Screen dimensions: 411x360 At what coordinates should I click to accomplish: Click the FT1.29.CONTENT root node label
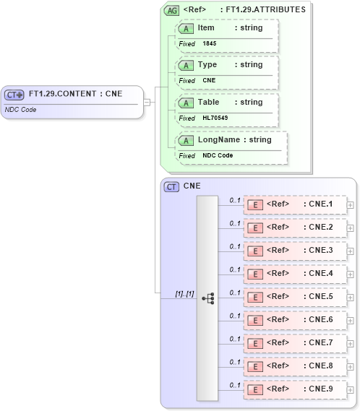click(x=75, y=94)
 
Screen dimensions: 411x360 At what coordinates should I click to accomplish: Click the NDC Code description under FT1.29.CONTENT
click(x=21, y=110)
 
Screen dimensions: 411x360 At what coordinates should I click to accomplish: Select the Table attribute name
click(x=209, y=103)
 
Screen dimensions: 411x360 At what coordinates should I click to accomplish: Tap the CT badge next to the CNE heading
click(x=172, y=186)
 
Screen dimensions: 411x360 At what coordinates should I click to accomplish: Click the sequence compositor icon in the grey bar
click(x=207, y=298)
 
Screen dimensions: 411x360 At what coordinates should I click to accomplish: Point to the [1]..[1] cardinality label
click(x=184, y=293)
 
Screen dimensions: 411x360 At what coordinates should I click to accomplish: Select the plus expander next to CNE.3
click(x=350, y=251)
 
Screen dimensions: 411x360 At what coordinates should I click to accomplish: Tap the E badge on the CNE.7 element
click(x=255, y=343)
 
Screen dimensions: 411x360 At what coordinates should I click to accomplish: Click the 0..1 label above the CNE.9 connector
click(x=234, y=385)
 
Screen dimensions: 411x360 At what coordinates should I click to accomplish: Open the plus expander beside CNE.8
click(x=350, y=366)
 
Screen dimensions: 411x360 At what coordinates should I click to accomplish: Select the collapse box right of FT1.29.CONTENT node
click(x=147, y=102)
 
